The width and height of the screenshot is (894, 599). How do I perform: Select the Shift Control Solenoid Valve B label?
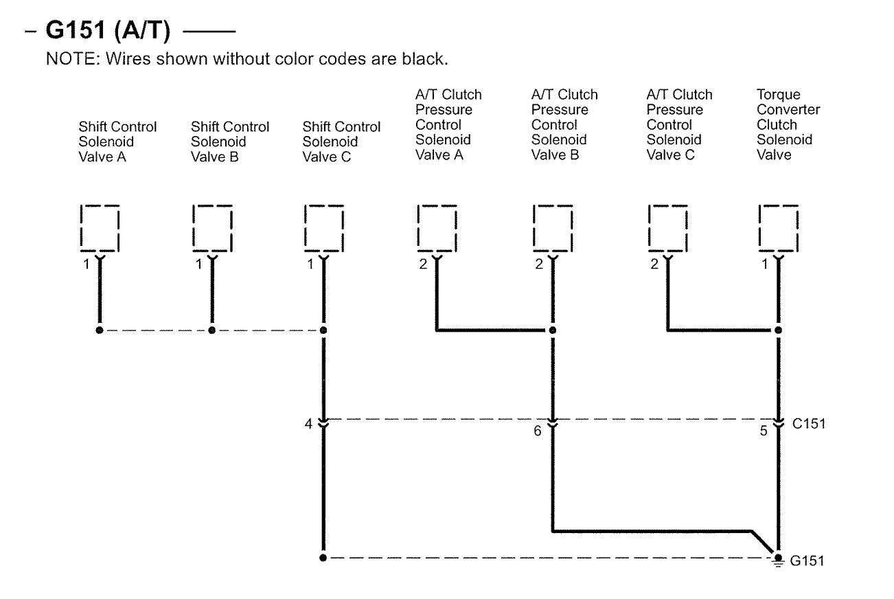(229, 142)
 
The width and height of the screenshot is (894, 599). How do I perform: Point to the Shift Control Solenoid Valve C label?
(341, 142)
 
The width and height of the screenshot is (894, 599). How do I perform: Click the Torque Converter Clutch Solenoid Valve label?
(788, 125)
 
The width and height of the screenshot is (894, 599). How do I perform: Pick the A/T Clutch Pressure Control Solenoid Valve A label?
(448, 125)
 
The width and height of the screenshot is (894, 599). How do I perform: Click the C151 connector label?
(808, 424)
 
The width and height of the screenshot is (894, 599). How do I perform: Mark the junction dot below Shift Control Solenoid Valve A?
(100, 330)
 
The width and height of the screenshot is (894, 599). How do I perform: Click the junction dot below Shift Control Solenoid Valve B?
(211, 330)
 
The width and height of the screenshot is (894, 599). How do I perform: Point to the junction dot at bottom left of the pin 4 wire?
(323, 558)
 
